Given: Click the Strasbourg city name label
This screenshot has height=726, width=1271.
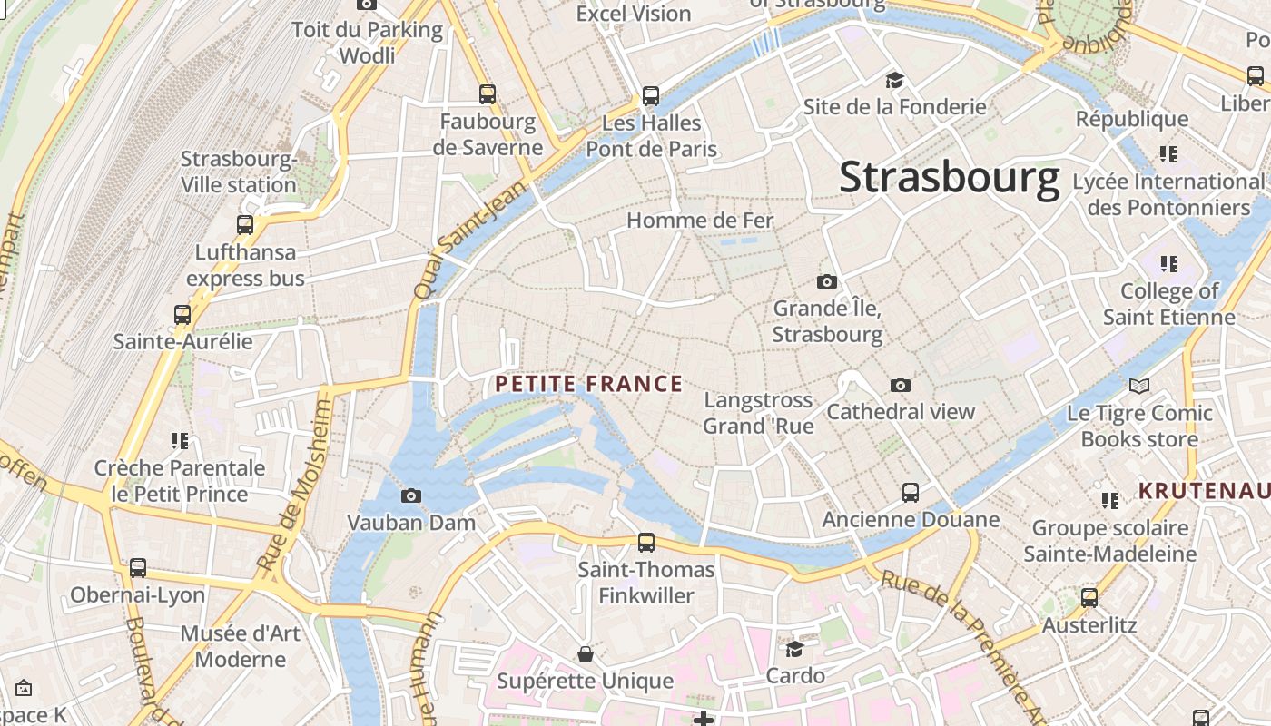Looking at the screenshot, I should click(949, 178).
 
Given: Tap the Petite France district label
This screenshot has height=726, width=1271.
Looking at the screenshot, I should click(588, 384).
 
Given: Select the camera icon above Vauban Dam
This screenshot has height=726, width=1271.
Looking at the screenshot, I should click(411, 495).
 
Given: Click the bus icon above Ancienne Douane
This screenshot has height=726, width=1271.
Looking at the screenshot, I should click(911, 493).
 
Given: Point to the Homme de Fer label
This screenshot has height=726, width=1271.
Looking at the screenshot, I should click(699, 221).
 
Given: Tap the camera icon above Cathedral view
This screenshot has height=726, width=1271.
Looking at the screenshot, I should click(901, 385).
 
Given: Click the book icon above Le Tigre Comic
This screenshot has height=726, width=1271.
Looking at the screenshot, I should click(1139, 387).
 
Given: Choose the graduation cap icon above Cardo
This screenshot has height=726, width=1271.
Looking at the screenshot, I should click(794, 649).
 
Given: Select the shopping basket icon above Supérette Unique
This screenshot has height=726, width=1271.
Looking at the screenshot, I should click(586, 654).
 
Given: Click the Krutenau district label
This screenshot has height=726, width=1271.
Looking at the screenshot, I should click(1204, 492).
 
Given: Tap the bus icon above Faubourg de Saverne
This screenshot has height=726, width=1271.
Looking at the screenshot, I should click(488, 93).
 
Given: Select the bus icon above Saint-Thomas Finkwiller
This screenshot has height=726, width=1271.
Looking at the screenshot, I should click(646, 543).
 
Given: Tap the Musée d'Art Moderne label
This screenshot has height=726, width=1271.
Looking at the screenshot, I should click(240, 646).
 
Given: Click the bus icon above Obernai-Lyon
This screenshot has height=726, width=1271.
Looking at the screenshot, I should click(138, 568).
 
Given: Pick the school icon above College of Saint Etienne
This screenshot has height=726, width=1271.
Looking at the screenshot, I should click(1168, 264).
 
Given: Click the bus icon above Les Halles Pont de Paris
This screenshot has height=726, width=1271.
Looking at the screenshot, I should click(651, 95).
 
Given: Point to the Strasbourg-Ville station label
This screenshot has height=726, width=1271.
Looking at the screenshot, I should click(239, 172).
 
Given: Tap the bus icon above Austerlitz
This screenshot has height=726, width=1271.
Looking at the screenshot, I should click(1089, 598).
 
